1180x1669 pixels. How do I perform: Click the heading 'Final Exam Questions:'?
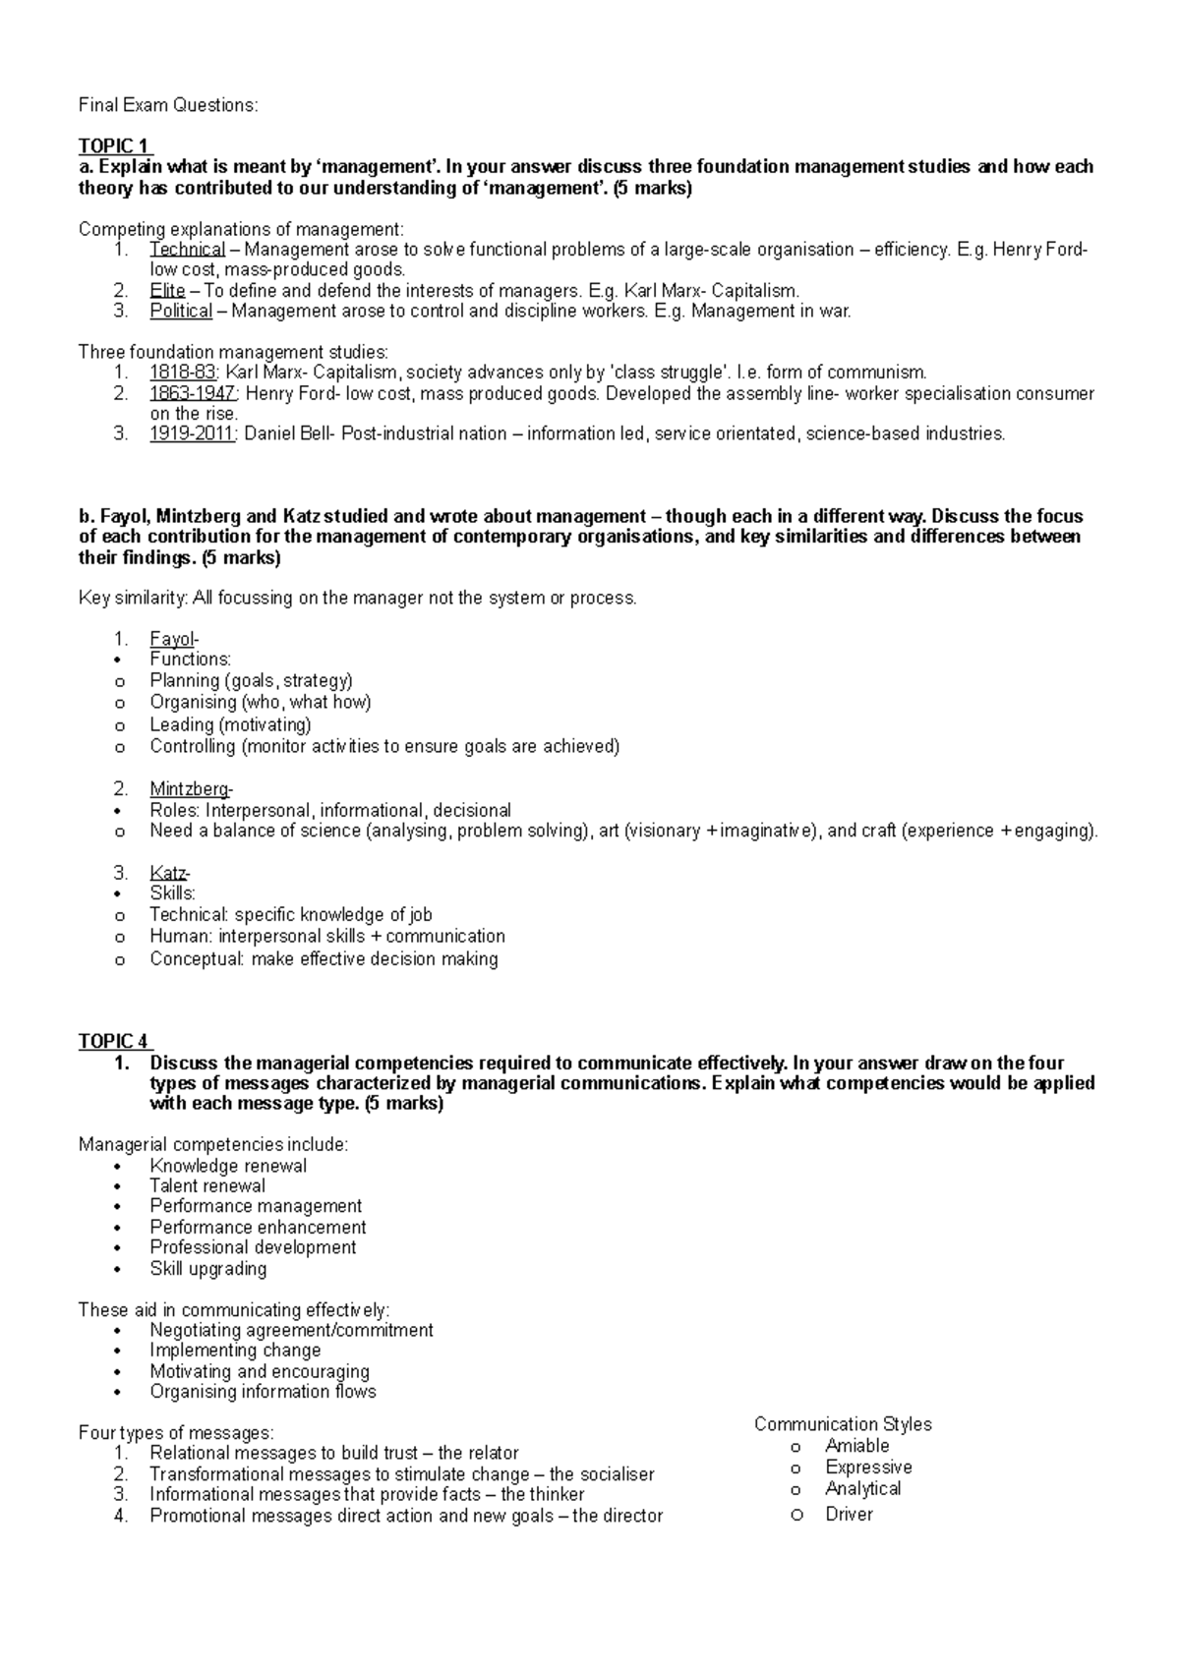click(x=168, y=105)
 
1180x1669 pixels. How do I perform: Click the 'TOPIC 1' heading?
click(x=113, y=146)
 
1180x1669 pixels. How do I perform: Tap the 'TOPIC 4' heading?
click(x=113, y=1041)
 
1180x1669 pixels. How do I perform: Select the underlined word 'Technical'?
click(x=187, y=250)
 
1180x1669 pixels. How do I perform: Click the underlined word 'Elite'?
click(x=167, y=291)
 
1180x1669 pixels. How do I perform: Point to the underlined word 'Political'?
click(x=181, y=312)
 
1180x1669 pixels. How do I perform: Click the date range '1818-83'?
click(x=182, y=373)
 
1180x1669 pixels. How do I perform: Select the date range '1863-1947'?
click(x=193, y=393)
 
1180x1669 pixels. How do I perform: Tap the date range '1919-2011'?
click(x=193, y=433)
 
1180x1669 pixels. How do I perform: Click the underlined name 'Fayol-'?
click(x=174, y=639)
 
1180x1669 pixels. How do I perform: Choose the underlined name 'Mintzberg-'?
click(x=192, y=789)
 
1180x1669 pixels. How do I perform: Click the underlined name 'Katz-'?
click(x=170, y=873)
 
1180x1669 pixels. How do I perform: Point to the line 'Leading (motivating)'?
click(x=230, y=724)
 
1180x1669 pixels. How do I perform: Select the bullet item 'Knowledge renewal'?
click(x=228, y=1166)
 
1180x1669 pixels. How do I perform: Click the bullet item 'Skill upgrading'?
click(x=208, y=1268)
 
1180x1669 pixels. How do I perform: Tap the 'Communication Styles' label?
click(x=843, y=1424)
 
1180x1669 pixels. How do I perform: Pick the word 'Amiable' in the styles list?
click(x=857, y=1446)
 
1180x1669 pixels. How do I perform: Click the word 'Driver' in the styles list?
click(x=850, y=1514)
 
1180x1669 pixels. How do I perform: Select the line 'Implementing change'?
click(x=235, y=1351)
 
